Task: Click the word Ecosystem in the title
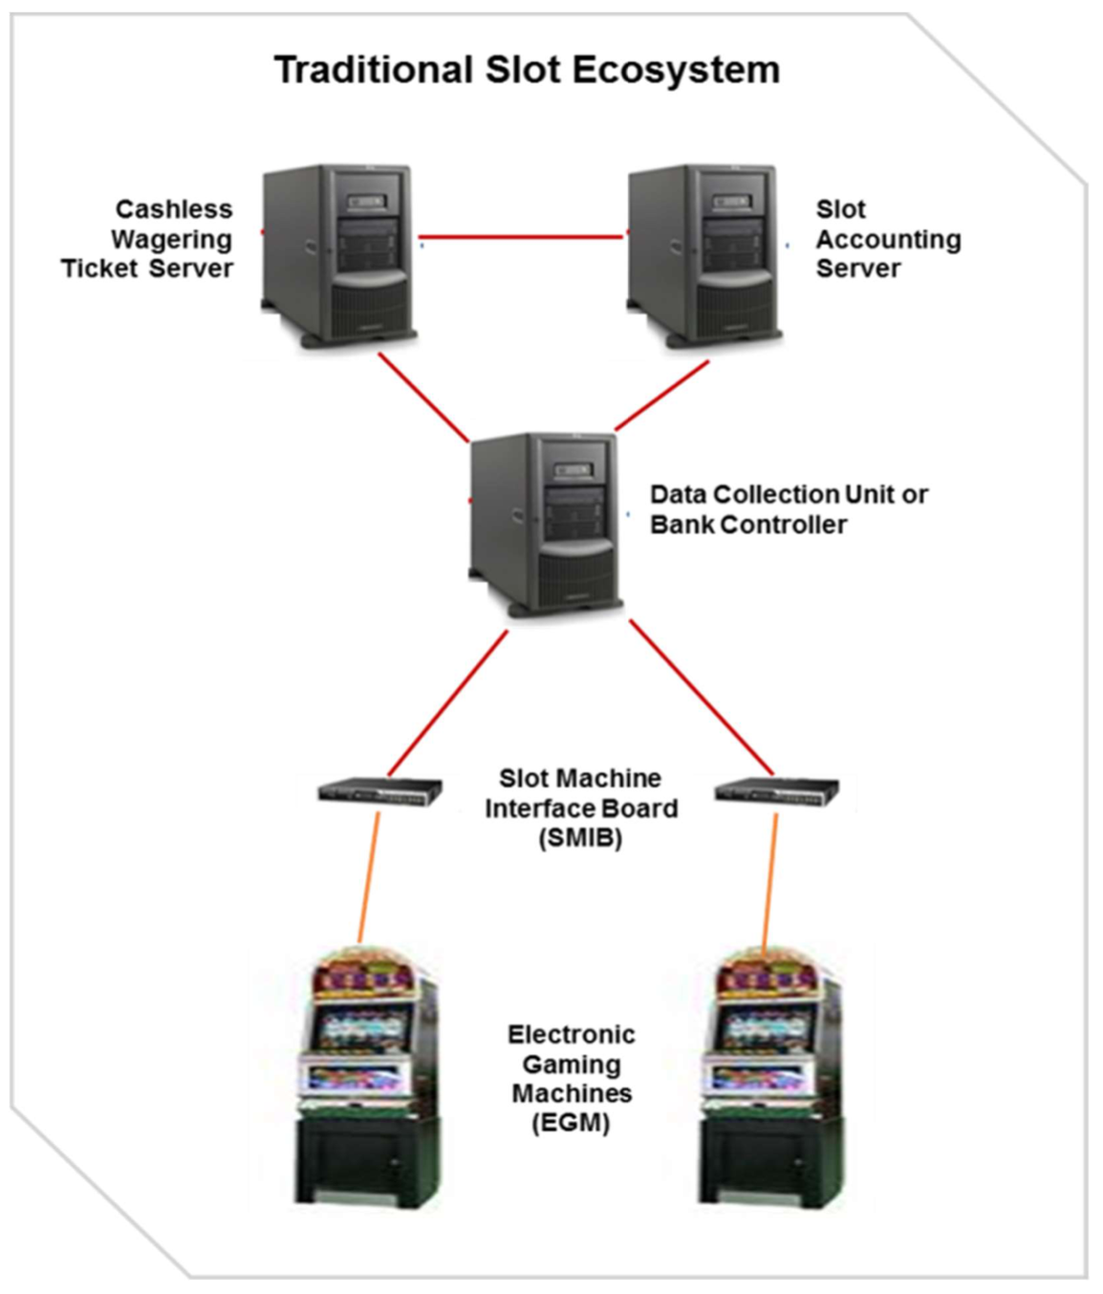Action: pyautogui.click(x=675, y=70)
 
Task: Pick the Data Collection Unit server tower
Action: pyautogui.click(x=546, y=525)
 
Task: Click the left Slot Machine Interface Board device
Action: pyautogui.click(x=380, y=790)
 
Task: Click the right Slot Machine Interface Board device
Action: pyautogui.click(x=777, y=790)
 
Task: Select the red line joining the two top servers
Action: pyautogui.click(x=524, y=237)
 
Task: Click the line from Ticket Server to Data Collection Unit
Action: pyautogui.click(x=423, y=398)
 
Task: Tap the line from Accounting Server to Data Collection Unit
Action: pyautogui.click(x=661, y=396)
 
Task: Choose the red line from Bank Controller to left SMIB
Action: pyautogui.click(x=447, y=703)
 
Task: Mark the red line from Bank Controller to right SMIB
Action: pyautogui.click(x=702, y=698)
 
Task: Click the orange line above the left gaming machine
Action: pyautogui.click(x=368, y=877)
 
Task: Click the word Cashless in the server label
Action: pyautogui.click(x=174, y=209)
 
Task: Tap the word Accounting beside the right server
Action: pyautogui.click(x=889, y=239)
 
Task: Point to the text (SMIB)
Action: pyautogui.click(x=581, y=837)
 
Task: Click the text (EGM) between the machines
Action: pyautogui.click(x=571, y=1123)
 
